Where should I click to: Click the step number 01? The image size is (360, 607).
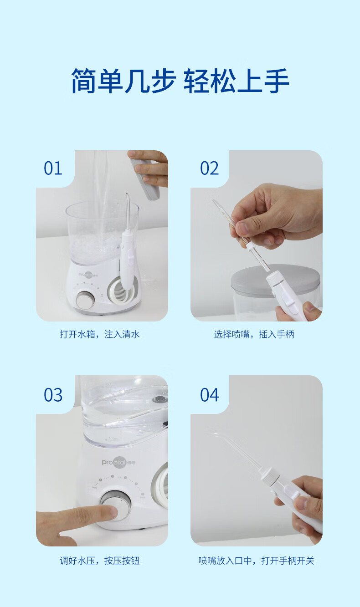(53, 168)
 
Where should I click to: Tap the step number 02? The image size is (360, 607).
(209, 168)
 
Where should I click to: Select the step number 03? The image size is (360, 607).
(53, 395)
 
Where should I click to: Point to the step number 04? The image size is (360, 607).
(210, 395)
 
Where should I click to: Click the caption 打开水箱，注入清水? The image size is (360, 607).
(100, 334)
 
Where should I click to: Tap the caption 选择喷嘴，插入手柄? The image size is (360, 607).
(254, 334)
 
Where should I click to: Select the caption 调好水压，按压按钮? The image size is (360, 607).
(100, 561)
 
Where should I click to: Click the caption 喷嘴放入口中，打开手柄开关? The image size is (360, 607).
(257, 561)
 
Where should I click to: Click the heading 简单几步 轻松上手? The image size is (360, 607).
(180, 81)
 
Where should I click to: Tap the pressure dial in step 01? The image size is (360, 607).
(85, 300)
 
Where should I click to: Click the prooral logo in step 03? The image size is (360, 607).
(118, 463)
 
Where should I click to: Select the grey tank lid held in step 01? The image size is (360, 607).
(145, 179)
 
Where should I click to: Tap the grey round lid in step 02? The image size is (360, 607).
(275, 280)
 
